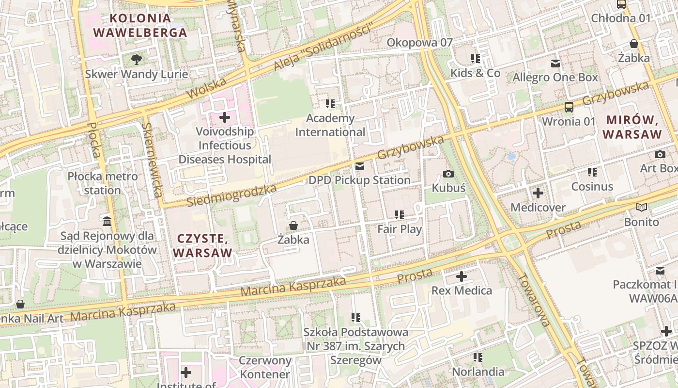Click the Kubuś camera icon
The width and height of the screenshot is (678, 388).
(448, 174)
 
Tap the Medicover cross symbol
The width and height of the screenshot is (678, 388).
(538, 194)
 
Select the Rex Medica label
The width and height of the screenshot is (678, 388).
(461, 291)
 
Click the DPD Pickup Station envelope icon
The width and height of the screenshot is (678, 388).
(360, 166)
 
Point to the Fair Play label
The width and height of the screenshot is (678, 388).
(400, 229)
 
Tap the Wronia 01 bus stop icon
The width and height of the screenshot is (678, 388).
(569, 107)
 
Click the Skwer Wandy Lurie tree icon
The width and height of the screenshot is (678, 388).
(137, 60)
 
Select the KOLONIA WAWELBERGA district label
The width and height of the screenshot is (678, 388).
(140, 26)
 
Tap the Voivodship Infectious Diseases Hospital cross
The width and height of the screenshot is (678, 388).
(225, 117)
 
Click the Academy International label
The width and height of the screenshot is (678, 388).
(331, 125)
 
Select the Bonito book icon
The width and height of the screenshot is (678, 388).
(642, 208)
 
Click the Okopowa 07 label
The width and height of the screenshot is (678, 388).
(419, 43)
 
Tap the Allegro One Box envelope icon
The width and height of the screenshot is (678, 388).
(555, 64)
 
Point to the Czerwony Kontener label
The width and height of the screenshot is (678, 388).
(265, 367)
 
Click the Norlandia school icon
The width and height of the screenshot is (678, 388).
(478, 357)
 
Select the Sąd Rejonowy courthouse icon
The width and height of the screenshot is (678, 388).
(107, 221)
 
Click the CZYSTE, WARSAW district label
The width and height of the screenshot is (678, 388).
(202, 245)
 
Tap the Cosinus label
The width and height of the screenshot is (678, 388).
(592, 186)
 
